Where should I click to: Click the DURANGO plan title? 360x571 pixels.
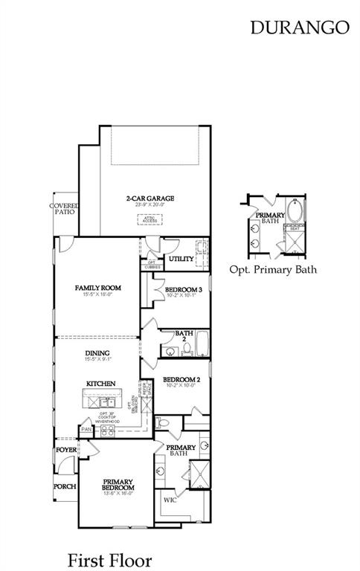tap(299, 28)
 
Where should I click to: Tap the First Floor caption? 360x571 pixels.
tap(109, 559)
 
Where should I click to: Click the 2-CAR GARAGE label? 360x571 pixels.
tap(150, 199)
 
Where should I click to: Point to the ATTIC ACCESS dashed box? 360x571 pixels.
tap(150, 219)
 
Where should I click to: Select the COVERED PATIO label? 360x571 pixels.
tap(64, 208)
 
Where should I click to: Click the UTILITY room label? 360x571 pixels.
tap(180, 259)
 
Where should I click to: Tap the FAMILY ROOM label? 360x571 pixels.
tap(97, 288)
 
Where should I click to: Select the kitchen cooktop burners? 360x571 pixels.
tap(107, 429)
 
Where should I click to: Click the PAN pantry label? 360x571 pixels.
tap(86, 429)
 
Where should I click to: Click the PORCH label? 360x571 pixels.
tap(65, 486)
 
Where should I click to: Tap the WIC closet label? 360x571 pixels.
tap(170, 500)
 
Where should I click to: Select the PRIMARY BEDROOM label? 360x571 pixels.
tap(119, 484)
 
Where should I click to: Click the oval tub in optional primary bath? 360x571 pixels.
tap(297, 212)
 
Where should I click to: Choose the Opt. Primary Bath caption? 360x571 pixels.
tap(273, 268)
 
